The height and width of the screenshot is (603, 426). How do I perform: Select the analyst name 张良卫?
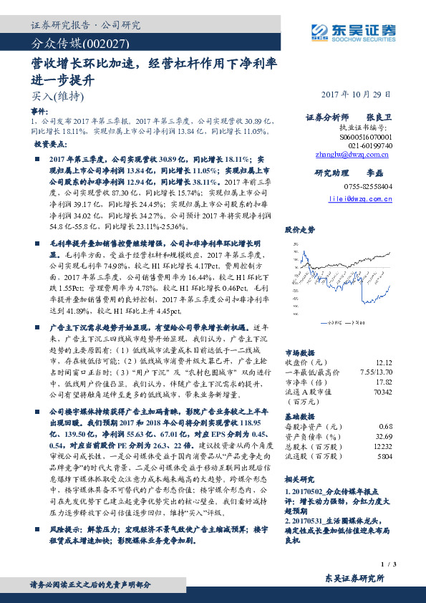pyautogui.click(x=379, y=116)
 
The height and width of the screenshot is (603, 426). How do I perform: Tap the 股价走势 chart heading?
pyautogui.click(x=300, y=230)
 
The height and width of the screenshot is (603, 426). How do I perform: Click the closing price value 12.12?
pyautogui.click(x=383, y=363)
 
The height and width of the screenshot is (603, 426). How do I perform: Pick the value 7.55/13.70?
pyautogui.click(x=374, y=372)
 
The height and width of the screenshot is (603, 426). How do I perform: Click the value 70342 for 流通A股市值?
pyautogui.click(x=382, y=392)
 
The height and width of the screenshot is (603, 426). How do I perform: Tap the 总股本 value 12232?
pyautogui.click(x=382, y=445)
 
